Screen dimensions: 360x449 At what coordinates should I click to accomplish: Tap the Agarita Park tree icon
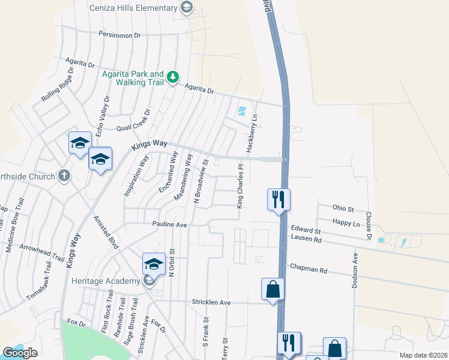tap(173, 77)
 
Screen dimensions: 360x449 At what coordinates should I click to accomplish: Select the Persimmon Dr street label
tap(119, 35)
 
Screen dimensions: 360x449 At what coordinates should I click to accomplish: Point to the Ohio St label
tap(343, 209)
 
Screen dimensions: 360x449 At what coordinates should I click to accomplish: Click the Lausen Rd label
tap(306, 238)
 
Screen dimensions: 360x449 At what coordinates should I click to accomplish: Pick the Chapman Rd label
tap(308, 270)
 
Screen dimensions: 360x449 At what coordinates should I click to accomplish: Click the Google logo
tap(20, 353)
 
